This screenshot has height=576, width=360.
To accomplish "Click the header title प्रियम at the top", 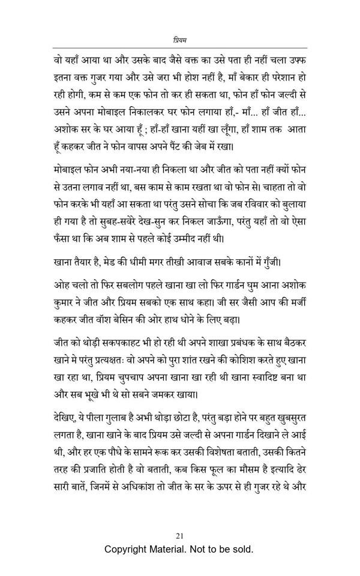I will tap(180, 40).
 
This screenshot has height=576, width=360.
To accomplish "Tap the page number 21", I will tap(180, 535).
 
